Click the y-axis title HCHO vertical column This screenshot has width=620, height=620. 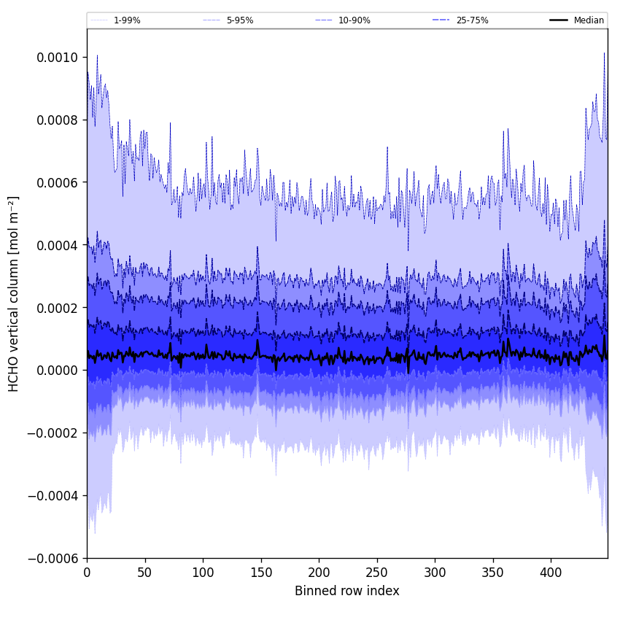click(x=14, y=293)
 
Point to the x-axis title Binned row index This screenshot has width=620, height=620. click(x=347, y=591)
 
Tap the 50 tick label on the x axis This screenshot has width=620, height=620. click(x=145, y=573)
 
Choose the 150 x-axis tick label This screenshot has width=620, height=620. click(x=261, y=573)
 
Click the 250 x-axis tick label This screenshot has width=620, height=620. click(x=377, y=573)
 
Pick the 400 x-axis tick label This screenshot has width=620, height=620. click(x=551, y=573)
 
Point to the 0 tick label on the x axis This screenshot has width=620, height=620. click(x=87, y=573)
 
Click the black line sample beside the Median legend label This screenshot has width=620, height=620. click(x=559, y=20)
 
